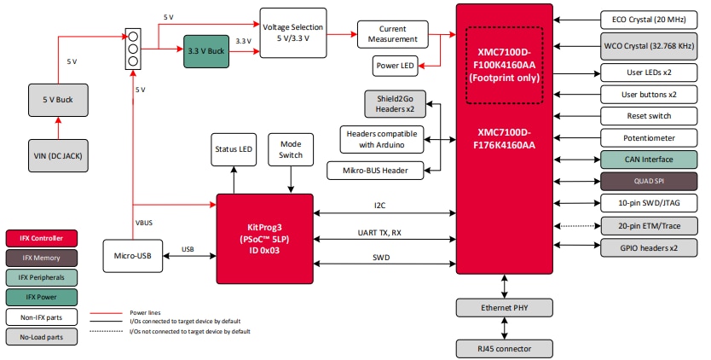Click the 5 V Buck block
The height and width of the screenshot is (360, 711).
pyautogui.click(x=58, y=101)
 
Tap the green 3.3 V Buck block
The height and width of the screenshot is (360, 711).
pyautogui.click(x=205, y=51)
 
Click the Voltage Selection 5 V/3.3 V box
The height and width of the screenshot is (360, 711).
pyautogui.click(x=293, y=33)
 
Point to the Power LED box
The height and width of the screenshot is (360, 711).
pyautogui.click(x=396, y=66)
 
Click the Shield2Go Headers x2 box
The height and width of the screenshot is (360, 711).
pyautogui.click(x=395, y=104)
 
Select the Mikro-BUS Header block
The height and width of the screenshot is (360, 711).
pyautogui.click(x=374, y=171)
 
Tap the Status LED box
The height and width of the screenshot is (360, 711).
pyautogui.click(x=234, y=150)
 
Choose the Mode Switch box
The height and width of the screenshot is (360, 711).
pyautogui.click(x=291, y=150)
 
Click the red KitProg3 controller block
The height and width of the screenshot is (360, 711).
pyautogui.click(x=263, y=238)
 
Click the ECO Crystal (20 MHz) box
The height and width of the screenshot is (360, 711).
pyautogui.click(x=649, y=18)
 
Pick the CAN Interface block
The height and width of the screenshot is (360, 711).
pyautogui.click(x=649, y=160)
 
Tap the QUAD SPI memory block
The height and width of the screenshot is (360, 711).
pyautogui.click(x=649, y=181)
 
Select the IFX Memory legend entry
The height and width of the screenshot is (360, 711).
pyautogui.click(x=42, y=257)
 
